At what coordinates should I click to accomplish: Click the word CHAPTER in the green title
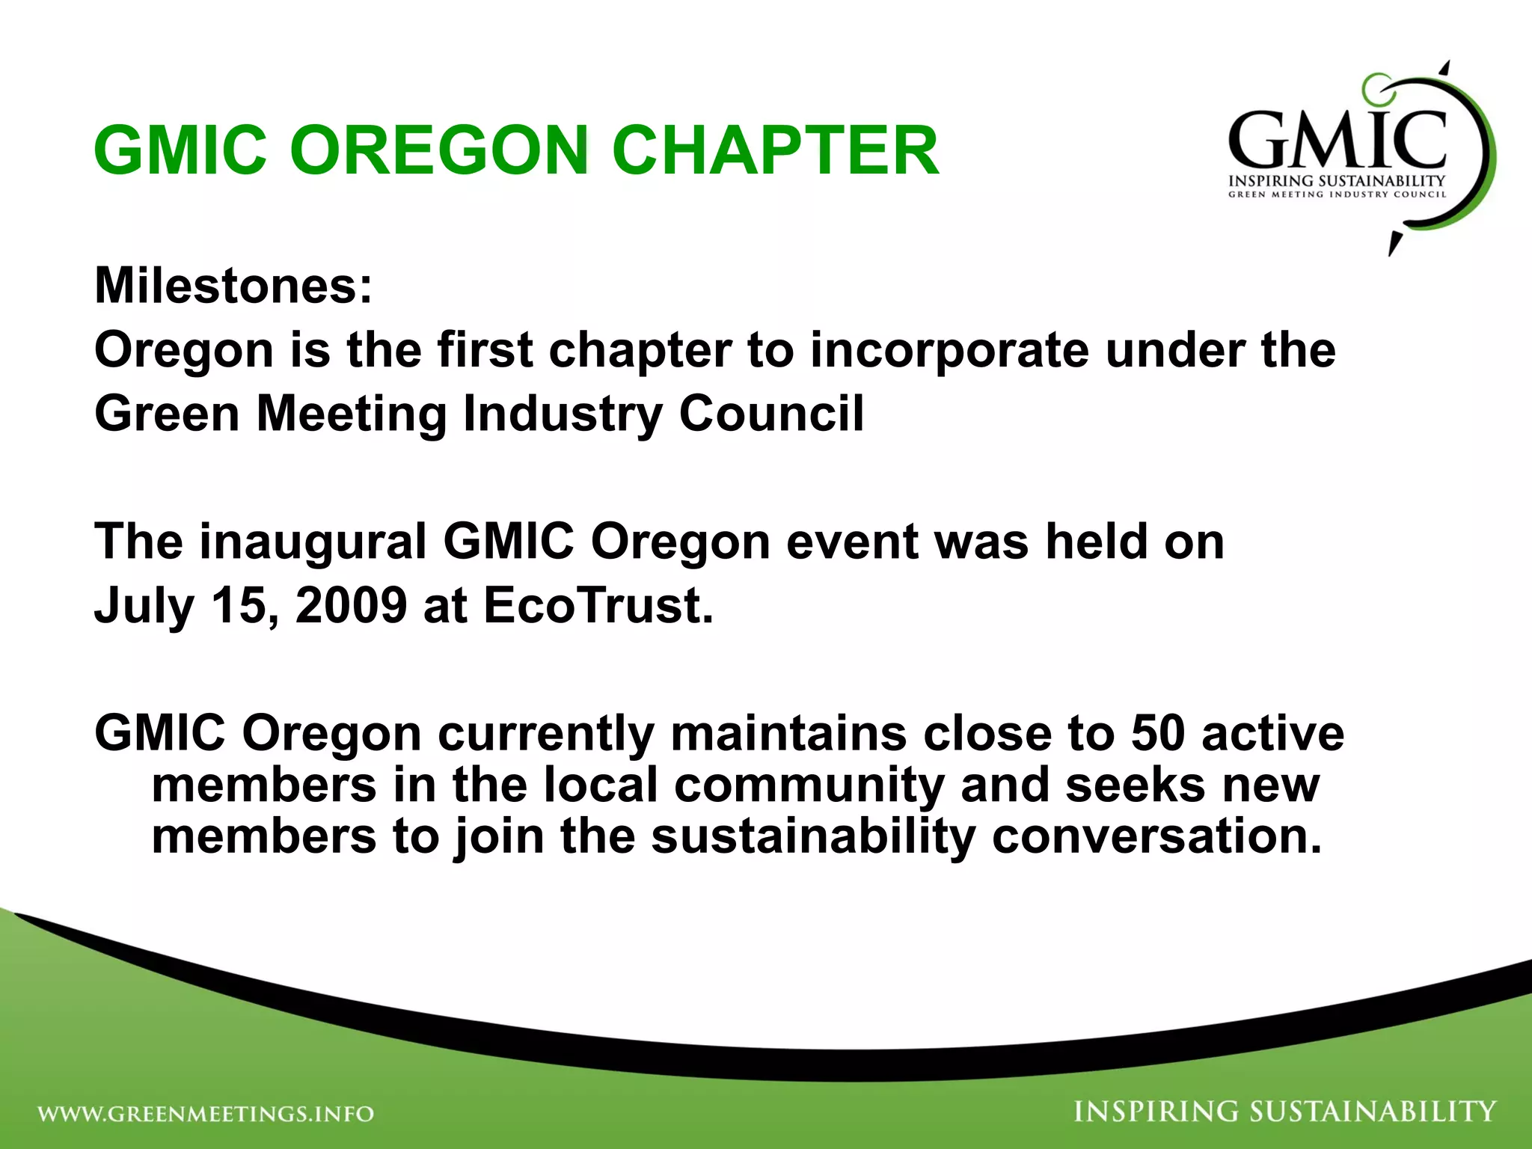775,150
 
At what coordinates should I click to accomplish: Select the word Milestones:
233,286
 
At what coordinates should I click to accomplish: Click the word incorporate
949,350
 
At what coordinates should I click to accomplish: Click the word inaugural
313,542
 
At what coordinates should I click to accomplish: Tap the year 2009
351,605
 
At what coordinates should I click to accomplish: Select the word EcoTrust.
598,605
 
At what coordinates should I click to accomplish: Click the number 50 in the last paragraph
1157,733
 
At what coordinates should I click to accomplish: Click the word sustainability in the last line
813,836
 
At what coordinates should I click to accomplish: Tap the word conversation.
1156,836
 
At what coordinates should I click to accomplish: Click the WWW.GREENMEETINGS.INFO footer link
206,1114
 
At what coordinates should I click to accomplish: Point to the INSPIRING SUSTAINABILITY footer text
1284,1112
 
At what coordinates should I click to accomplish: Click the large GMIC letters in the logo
1337,140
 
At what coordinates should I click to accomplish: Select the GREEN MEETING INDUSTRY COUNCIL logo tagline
1337,194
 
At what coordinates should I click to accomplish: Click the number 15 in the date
237,605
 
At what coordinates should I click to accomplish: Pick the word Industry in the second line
563,414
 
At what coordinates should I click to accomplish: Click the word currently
546,733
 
